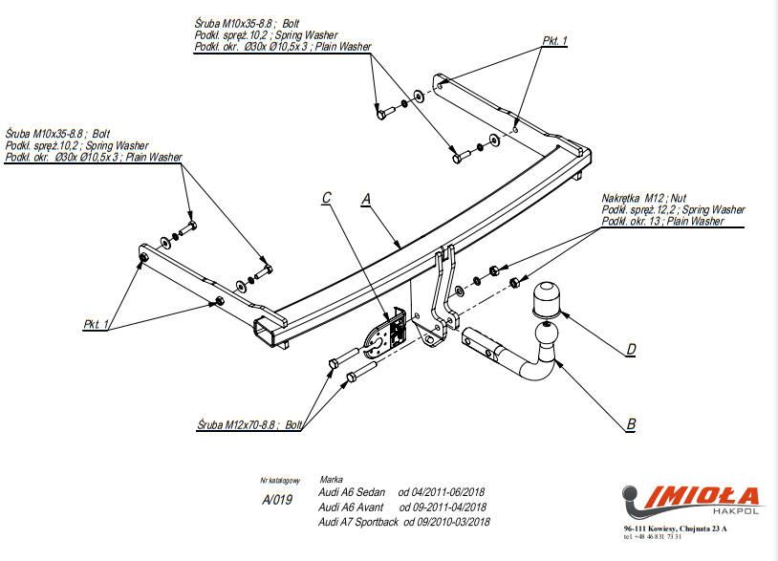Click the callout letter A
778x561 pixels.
tap(365, 199)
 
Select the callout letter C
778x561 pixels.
tap(327, 198)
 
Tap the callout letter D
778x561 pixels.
tap(631, 350)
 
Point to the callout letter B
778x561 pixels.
tap(631, 424)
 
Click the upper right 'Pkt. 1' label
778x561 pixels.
tap(554, 40)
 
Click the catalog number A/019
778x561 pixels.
tap(277, 500)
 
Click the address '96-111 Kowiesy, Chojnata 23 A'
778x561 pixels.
tap(674, 528)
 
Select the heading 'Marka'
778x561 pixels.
tap(332, 479)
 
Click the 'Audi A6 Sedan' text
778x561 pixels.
tap(352, 491)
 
